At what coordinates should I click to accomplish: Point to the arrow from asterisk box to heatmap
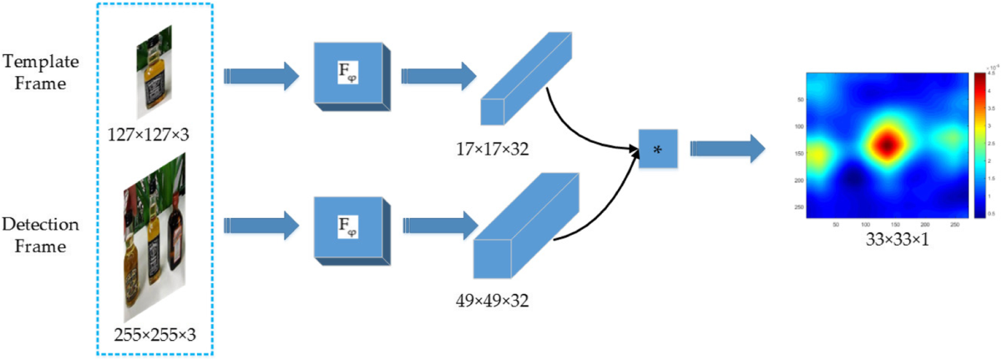coord(726,150)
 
